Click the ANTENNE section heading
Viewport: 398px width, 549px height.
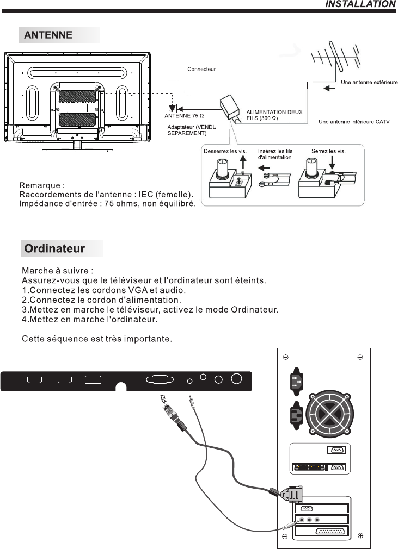pyautogui.click(x=48, y=35)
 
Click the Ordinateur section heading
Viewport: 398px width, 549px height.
pyautogui.click(x=54, y=248)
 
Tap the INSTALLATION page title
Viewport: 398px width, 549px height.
pyautogui.click(x=360, y=4)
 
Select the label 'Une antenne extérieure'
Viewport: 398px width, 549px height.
pyautogui.click(x=369, y=82)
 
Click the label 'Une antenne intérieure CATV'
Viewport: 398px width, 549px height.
pyautogui.click(x=354, y=122)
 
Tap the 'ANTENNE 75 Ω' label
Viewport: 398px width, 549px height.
pyautogui.click(x=184, y=116)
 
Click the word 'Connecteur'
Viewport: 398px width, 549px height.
pyautogui.click(x=201, y=70)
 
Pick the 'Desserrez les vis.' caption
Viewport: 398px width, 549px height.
pyautogui.click(x=225, y=151)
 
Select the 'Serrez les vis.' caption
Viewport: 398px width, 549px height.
pyautogui.click(x=328, y=151)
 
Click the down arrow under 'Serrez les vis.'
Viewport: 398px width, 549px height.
pyautogui.click(x=332, y=162)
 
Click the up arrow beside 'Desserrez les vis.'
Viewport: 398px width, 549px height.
pyautogui.click(x=243, y=164)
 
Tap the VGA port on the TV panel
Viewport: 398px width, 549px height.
pyautogui.click(x=160, y=380)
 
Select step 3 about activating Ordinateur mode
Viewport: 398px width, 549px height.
pyautogui.click(x=150, y=310)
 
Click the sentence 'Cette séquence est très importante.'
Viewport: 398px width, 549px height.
pyautogui.click(x=97, y=339)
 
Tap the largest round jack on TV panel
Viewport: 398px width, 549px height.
pyautogui.click(x=237, y=378)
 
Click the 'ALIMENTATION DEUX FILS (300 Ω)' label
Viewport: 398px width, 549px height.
pyautogui.click(x=274, y=115)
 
